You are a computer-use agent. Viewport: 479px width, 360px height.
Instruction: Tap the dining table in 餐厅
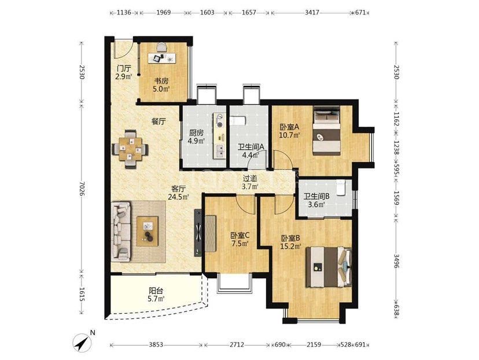click(130, 149)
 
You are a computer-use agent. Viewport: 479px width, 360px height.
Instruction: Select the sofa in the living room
click(121, 232)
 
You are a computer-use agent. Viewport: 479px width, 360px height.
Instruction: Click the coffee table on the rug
click(148, 231)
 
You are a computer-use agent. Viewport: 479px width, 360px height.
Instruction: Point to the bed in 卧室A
click(326, 130)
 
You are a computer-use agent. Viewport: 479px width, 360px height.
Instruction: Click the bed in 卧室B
click(329, 267)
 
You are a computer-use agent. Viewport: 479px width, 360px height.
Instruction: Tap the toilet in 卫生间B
click(340, 187)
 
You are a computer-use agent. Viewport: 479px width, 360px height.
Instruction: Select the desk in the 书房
click(163, 58)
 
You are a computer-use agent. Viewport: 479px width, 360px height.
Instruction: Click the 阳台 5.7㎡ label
click(156, 295)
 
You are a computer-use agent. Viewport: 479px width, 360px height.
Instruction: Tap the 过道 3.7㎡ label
click(250, 182)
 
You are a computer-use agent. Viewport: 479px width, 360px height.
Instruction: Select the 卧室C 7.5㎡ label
click(240, 239)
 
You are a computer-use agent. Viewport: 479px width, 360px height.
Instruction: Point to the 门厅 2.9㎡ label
click(124, 72)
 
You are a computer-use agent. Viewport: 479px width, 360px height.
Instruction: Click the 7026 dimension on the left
click(81, 188)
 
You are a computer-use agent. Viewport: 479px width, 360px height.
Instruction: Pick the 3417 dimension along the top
click(312, 13)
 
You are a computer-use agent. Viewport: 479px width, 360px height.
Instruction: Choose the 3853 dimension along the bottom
click(156, 345)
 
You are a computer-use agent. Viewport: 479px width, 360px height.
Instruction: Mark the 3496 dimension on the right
click(396, 260)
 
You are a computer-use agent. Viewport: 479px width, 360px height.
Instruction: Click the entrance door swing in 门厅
click(122, 49)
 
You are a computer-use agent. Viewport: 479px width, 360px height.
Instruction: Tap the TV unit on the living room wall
click(198, 233)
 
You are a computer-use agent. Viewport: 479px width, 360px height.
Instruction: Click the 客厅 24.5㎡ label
click(178, 193)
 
